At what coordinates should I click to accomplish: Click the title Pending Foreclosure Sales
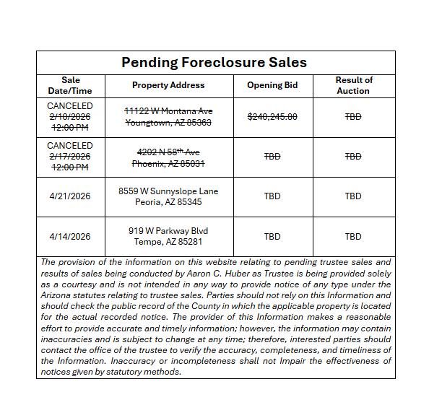(x=214, y=62)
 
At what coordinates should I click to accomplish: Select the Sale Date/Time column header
(x=71, y=85)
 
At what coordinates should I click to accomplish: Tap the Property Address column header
(x=168, y=85)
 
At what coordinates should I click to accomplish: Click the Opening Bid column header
(x=272, y=85)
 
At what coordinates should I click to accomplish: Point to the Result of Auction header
(x=354, y=85)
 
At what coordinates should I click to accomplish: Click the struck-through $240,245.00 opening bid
(x=272, y=116)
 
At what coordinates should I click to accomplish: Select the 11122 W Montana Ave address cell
(x=168, y=116)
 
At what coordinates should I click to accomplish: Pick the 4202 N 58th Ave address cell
(x=168, y=157)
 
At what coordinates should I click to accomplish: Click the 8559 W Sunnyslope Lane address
(x=168, y=196)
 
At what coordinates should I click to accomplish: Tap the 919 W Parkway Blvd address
(x=168, y=236)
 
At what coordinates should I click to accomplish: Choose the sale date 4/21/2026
(x=71, y=196)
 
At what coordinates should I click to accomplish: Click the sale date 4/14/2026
(x=71, y=236)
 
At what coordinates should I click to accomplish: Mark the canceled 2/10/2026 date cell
(x=71, y=116)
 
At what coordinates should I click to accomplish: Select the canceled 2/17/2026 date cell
(x=71, y=157)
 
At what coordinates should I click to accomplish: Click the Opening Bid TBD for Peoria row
(x=272, y=196)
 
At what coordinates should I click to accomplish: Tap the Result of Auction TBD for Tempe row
(x=353, y=236)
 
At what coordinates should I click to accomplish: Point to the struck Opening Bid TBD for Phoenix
(x=272, y=157)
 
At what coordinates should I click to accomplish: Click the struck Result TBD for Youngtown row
(x=353, y=116)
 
